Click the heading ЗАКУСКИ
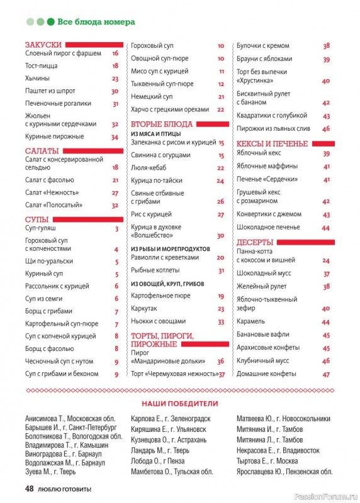[43, 45]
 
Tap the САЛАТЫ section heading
[42, 151]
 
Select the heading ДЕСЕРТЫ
[255, 242]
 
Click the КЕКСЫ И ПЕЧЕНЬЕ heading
[272, 143]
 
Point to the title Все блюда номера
[96, 21]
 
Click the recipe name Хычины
[37, 79]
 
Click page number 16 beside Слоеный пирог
[115, 54]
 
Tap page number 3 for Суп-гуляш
[116, 229]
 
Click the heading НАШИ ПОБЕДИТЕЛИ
[179, 403]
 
